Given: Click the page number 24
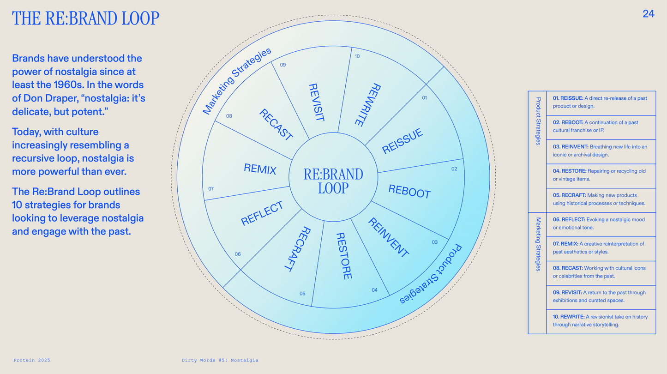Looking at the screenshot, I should tap(648, 14).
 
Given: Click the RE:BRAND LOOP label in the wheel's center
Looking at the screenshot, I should tap(333, 181).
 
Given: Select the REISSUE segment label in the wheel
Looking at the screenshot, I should tap(402, 141).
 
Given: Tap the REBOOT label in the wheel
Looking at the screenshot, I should tap(409, 192).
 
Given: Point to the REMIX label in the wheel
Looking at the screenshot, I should tap(260, 169).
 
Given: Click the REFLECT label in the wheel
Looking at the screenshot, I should tap(262, 214).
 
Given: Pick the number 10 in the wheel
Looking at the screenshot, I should tap(357, 56).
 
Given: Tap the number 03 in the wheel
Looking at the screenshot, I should tap(434, 242).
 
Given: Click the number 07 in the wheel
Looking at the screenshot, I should tap(211, 189).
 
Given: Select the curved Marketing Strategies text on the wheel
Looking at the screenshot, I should tap(237, 81).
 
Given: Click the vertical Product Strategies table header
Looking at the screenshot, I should tap(538, 121).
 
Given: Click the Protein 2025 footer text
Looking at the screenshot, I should tap(32, 360).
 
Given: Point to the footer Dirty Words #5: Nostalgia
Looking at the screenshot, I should tap(220, 360).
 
